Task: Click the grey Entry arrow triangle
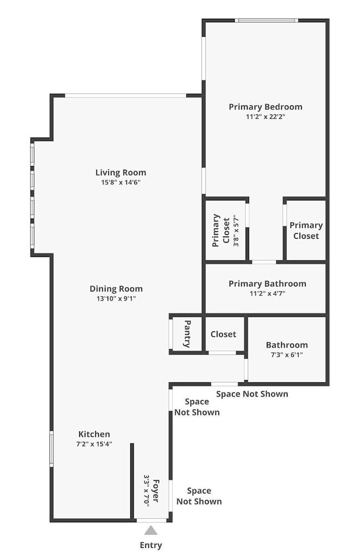tap(151, 530)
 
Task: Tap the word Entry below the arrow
tap(151, 545)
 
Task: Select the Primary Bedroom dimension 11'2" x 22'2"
tap(266, 117)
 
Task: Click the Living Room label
tap(121, 173)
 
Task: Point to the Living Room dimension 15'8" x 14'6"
tap(121, 182)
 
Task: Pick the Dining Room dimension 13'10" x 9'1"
tap(116, 299)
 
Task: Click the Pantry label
tap(187, 334)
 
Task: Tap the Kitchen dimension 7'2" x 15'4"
tap(94, 444)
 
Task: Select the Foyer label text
tap(156, 491)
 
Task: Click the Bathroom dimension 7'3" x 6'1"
tap(287, 355)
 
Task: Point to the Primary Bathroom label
tap(267, 284)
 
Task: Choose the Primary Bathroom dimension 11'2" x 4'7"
tap(267, 294)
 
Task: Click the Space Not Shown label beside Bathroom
tap(252, 394)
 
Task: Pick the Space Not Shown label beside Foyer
tap(199, 496)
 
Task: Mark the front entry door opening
tap(151, 521)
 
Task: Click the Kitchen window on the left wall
tap(51, 449)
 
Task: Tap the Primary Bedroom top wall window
tap(267, 21)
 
